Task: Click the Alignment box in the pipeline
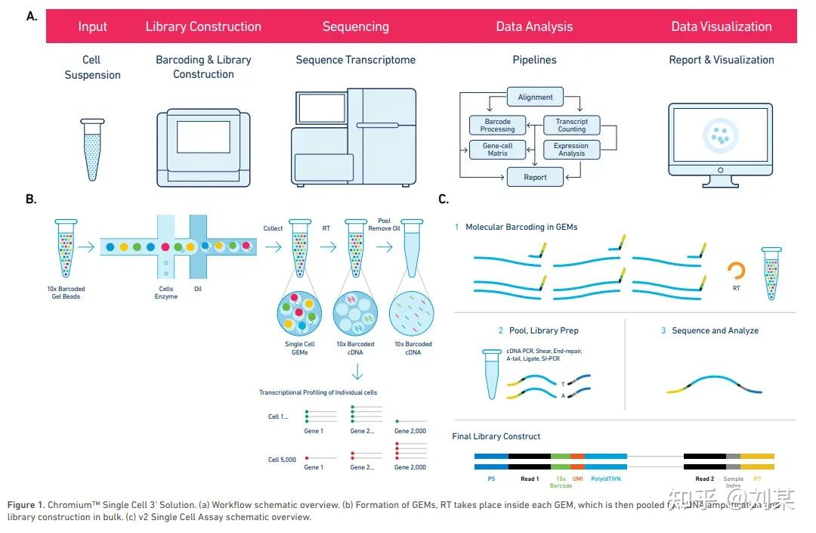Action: click(x=535, y=98)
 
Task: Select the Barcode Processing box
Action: click(x=497, y=126)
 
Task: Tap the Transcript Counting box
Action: click(x=571, y=126)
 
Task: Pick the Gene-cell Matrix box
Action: click(x=497, y=150)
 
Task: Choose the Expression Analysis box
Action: click(x=571, y=150)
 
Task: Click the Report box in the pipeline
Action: click(x=535, y=178)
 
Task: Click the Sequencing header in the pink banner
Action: click(x=355, y=26)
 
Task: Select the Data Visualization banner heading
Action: click(x=721, y=26)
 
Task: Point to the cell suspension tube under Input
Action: click(x=92, y=149)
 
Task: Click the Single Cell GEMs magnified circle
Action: click(x=299, y=312)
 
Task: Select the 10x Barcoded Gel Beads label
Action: click(x=65, y=293)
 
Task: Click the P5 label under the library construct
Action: click(x=491, y=479)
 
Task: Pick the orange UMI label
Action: click(x=577, y=479)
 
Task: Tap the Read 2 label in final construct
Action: click(x=704, y=479)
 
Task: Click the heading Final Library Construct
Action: click(x=496, y=436)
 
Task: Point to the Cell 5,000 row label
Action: click(x=281, y=460)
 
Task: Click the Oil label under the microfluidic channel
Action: click(x=197, y=289)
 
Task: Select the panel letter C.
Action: click(x=443, y=200)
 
